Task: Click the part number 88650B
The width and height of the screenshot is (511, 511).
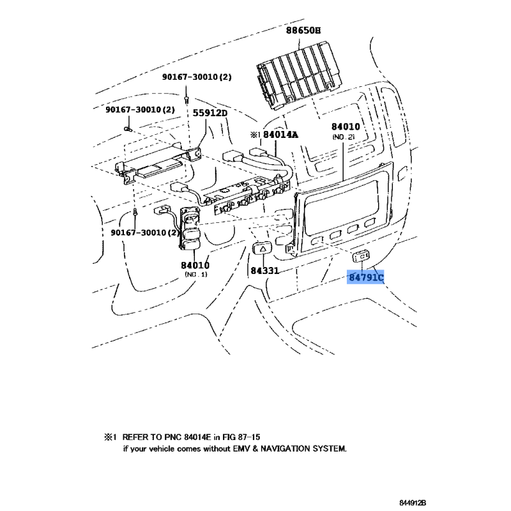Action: tap(303, 30)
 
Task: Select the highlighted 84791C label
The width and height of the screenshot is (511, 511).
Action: tap(366, 278)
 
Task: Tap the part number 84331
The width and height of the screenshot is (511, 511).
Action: tap(264, 271)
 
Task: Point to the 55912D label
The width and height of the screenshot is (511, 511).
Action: tap(210, 113)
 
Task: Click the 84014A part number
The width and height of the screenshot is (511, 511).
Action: tap(281, 135)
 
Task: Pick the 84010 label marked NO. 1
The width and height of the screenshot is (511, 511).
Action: tap(195, 264)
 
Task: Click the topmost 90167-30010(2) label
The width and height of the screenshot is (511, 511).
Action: tap(197, 77)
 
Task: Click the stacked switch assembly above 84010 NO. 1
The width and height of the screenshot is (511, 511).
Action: tap(190, 229)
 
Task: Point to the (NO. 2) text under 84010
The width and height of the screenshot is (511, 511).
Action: tap(344, 137)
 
